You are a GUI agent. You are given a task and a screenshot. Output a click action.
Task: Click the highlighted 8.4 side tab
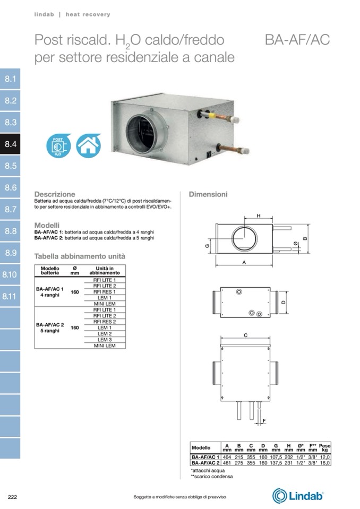point(10,144)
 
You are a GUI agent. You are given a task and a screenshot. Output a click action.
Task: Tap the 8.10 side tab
point(10,274)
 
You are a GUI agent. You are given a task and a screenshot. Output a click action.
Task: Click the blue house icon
point(88,146)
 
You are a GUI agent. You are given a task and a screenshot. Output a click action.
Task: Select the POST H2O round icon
point(58,146)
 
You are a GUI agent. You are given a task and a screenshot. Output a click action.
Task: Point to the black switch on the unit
point(209,154)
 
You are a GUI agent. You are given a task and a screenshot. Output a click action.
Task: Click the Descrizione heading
point(55,194)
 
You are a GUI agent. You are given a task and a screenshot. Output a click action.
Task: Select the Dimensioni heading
point(208,194)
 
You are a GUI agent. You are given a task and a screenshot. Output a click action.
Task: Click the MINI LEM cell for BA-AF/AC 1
point(105,304)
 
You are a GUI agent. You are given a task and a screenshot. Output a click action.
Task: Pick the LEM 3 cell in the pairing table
point(105,340)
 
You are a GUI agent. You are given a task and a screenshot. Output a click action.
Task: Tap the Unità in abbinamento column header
point(105,271)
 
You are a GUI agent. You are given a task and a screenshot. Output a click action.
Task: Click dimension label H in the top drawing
point(259,216)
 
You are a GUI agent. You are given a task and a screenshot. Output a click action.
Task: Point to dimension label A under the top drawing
point(244,262)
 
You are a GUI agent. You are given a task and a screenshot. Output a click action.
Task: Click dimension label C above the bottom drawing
point(245,335)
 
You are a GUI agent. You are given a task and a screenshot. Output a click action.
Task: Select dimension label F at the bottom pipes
point(264,421)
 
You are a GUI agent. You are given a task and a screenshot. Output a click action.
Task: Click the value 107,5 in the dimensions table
point(276,457)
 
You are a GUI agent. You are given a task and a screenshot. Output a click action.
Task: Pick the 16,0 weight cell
point(324,463)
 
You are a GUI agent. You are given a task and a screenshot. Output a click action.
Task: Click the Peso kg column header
point(324,447)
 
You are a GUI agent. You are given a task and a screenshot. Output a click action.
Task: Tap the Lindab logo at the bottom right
point(298,496)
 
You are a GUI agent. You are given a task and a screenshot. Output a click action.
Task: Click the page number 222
point(12,497)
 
